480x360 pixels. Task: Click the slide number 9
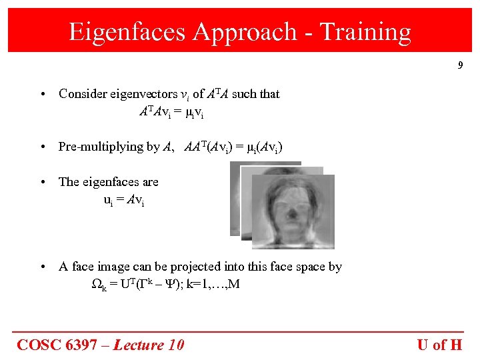(x=460, y=65)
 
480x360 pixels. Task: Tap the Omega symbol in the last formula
(x=95, y=284)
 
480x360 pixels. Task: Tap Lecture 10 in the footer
(x=148, y=344)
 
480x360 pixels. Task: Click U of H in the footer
(x=439, y=344)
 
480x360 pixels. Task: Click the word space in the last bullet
(x=294, y=267)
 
